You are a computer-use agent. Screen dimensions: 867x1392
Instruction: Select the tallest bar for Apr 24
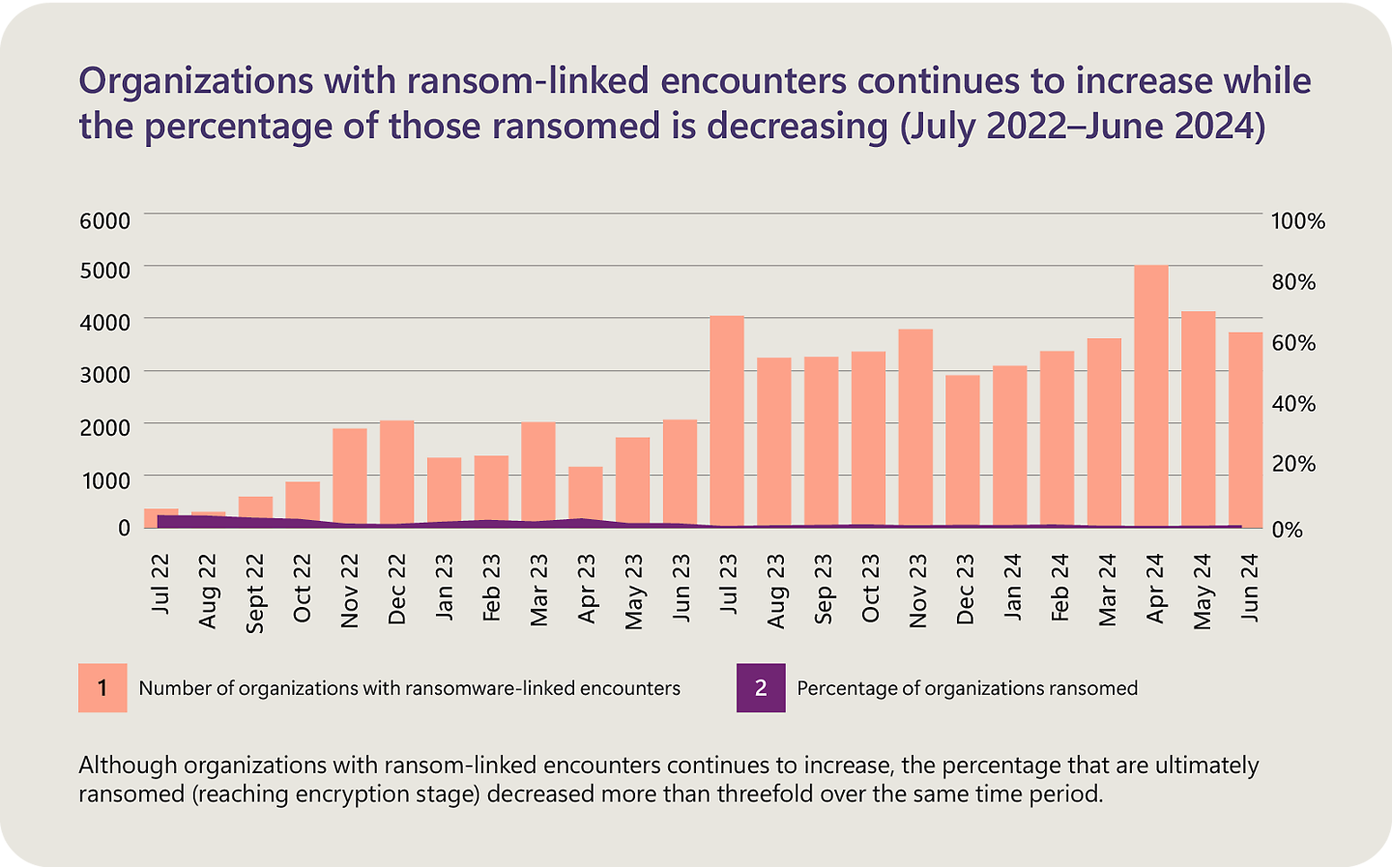pyautogui.click(x=1150, y=396)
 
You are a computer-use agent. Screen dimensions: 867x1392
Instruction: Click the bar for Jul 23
pyautogui.click(x=727, y=420)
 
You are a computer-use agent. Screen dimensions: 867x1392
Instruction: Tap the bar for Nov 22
pyautogui.click(x=349, y=477)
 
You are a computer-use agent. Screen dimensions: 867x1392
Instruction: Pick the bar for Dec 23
pyautogui.click(x=963, y=450)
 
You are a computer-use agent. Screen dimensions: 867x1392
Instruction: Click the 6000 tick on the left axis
pyautogui.click(x=104, y=220)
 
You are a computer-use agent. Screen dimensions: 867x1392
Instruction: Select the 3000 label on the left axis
pyautogui.click(x=104, y=374)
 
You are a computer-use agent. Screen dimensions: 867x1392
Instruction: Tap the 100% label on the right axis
pyautogui.click(x=1297, y=221)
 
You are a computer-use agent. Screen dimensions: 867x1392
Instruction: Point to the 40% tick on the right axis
pyautogui.click(x=1292, y=404)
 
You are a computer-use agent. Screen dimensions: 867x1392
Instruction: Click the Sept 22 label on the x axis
pyautogui.click(x=254, y=592)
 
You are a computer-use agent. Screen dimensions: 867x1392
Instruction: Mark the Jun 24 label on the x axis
pyautogui.click(x=1249, y=587)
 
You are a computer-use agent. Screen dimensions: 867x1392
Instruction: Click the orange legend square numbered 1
pyautogui.click(x=102, y=688)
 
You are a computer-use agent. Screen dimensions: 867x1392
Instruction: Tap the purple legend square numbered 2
pyautogui.click(x=761, y=688)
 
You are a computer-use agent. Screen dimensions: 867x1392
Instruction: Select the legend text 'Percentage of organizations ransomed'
pyautogui.click(x=967, y=688)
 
